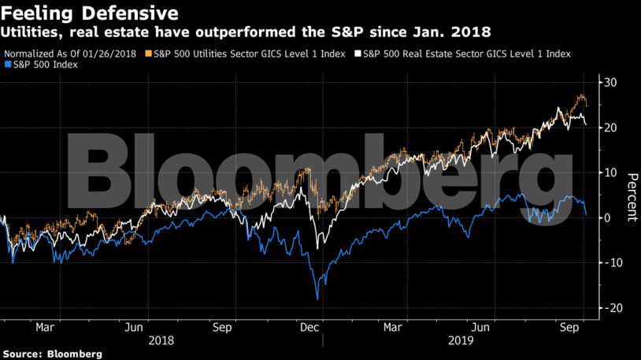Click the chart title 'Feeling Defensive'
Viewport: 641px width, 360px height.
[x=89, y=13]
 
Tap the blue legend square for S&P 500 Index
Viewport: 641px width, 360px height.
[x=7, y=65]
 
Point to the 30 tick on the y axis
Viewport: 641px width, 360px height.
[x=610, y=83]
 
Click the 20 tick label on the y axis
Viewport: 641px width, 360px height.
[x=610, y=128]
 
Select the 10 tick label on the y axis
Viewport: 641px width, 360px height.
[x=610, y=173]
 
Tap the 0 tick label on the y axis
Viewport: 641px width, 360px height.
[x=607, y=217]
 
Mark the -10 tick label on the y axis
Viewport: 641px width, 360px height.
[x=609, y=262]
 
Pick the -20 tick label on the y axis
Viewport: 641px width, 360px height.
[x=609, y=308]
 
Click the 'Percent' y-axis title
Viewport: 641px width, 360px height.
[x=631, y=195]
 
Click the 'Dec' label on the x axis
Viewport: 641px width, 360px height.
[x=309, y=326]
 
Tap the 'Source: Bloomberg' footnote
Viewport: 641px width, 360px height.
[x=51, y=354]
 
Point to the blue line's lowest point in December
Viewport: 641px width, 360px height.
[x=317, y=299]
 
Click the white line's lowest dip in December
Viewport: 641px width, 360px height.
[x=318, y=249]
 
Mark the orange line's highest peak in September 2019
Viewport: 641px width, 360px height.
[x=581, y=95]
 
